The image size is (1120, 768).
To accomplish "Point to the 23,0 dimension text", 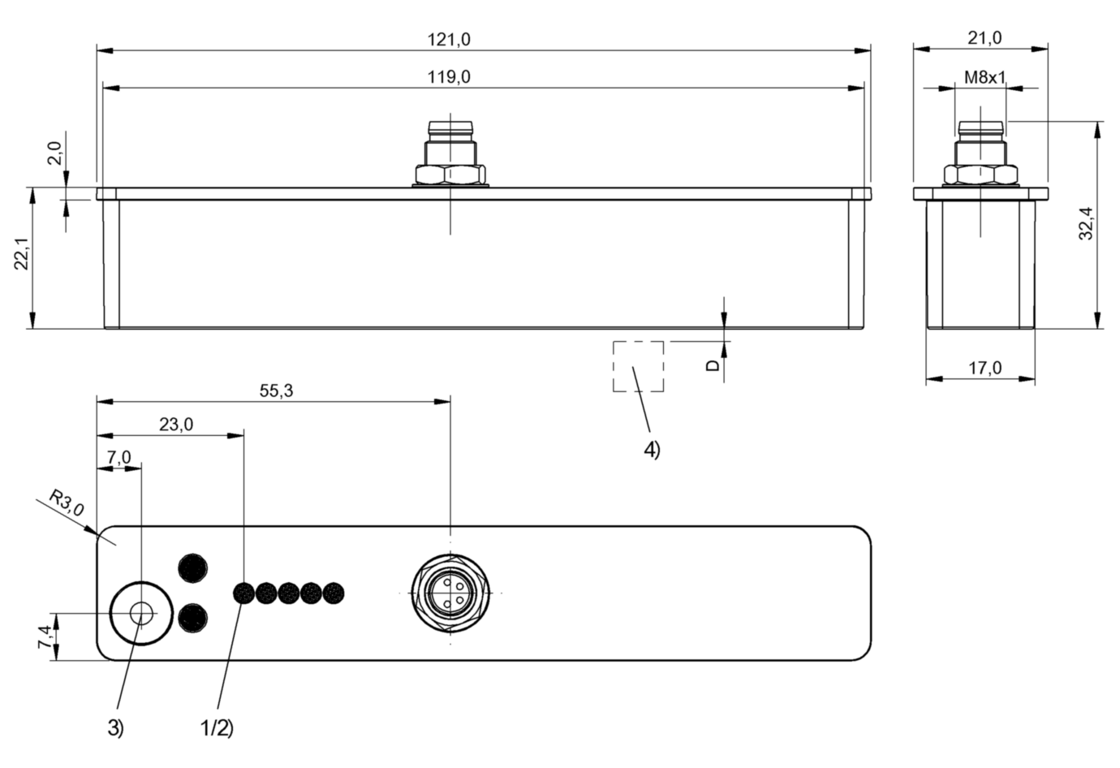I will pyautogui.click(x=175, y=425).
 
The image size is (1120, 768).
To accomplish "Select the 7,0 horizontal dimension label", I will pyautogui.click(x=118, y=457).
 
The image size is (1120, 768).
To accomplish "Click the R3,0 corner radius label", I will pyautogui.click(x=66, y=503).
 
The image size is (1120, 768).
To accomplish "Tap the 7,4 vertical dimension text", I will pyautogui.click(x=45, y=636).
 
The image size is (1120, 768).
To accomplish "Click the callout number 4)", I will pyautogui.click(x=652, y=450).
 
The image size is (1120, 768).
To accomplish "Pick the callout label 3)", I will pyautogui.click(x=116, y=727).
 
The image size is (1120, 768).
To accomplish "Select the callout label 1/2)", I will pyautogui.click(x=217, y=727).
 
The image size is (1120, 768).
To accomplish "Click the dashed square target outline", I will pyautogui.click(x=638, y=366).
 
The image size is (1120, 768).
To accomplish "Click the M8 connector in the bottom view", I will pyautogui.click(x=450, y=593).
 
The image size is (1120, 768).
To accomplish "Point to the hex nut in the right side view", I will pyautogui.click(x=980, y=175).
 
